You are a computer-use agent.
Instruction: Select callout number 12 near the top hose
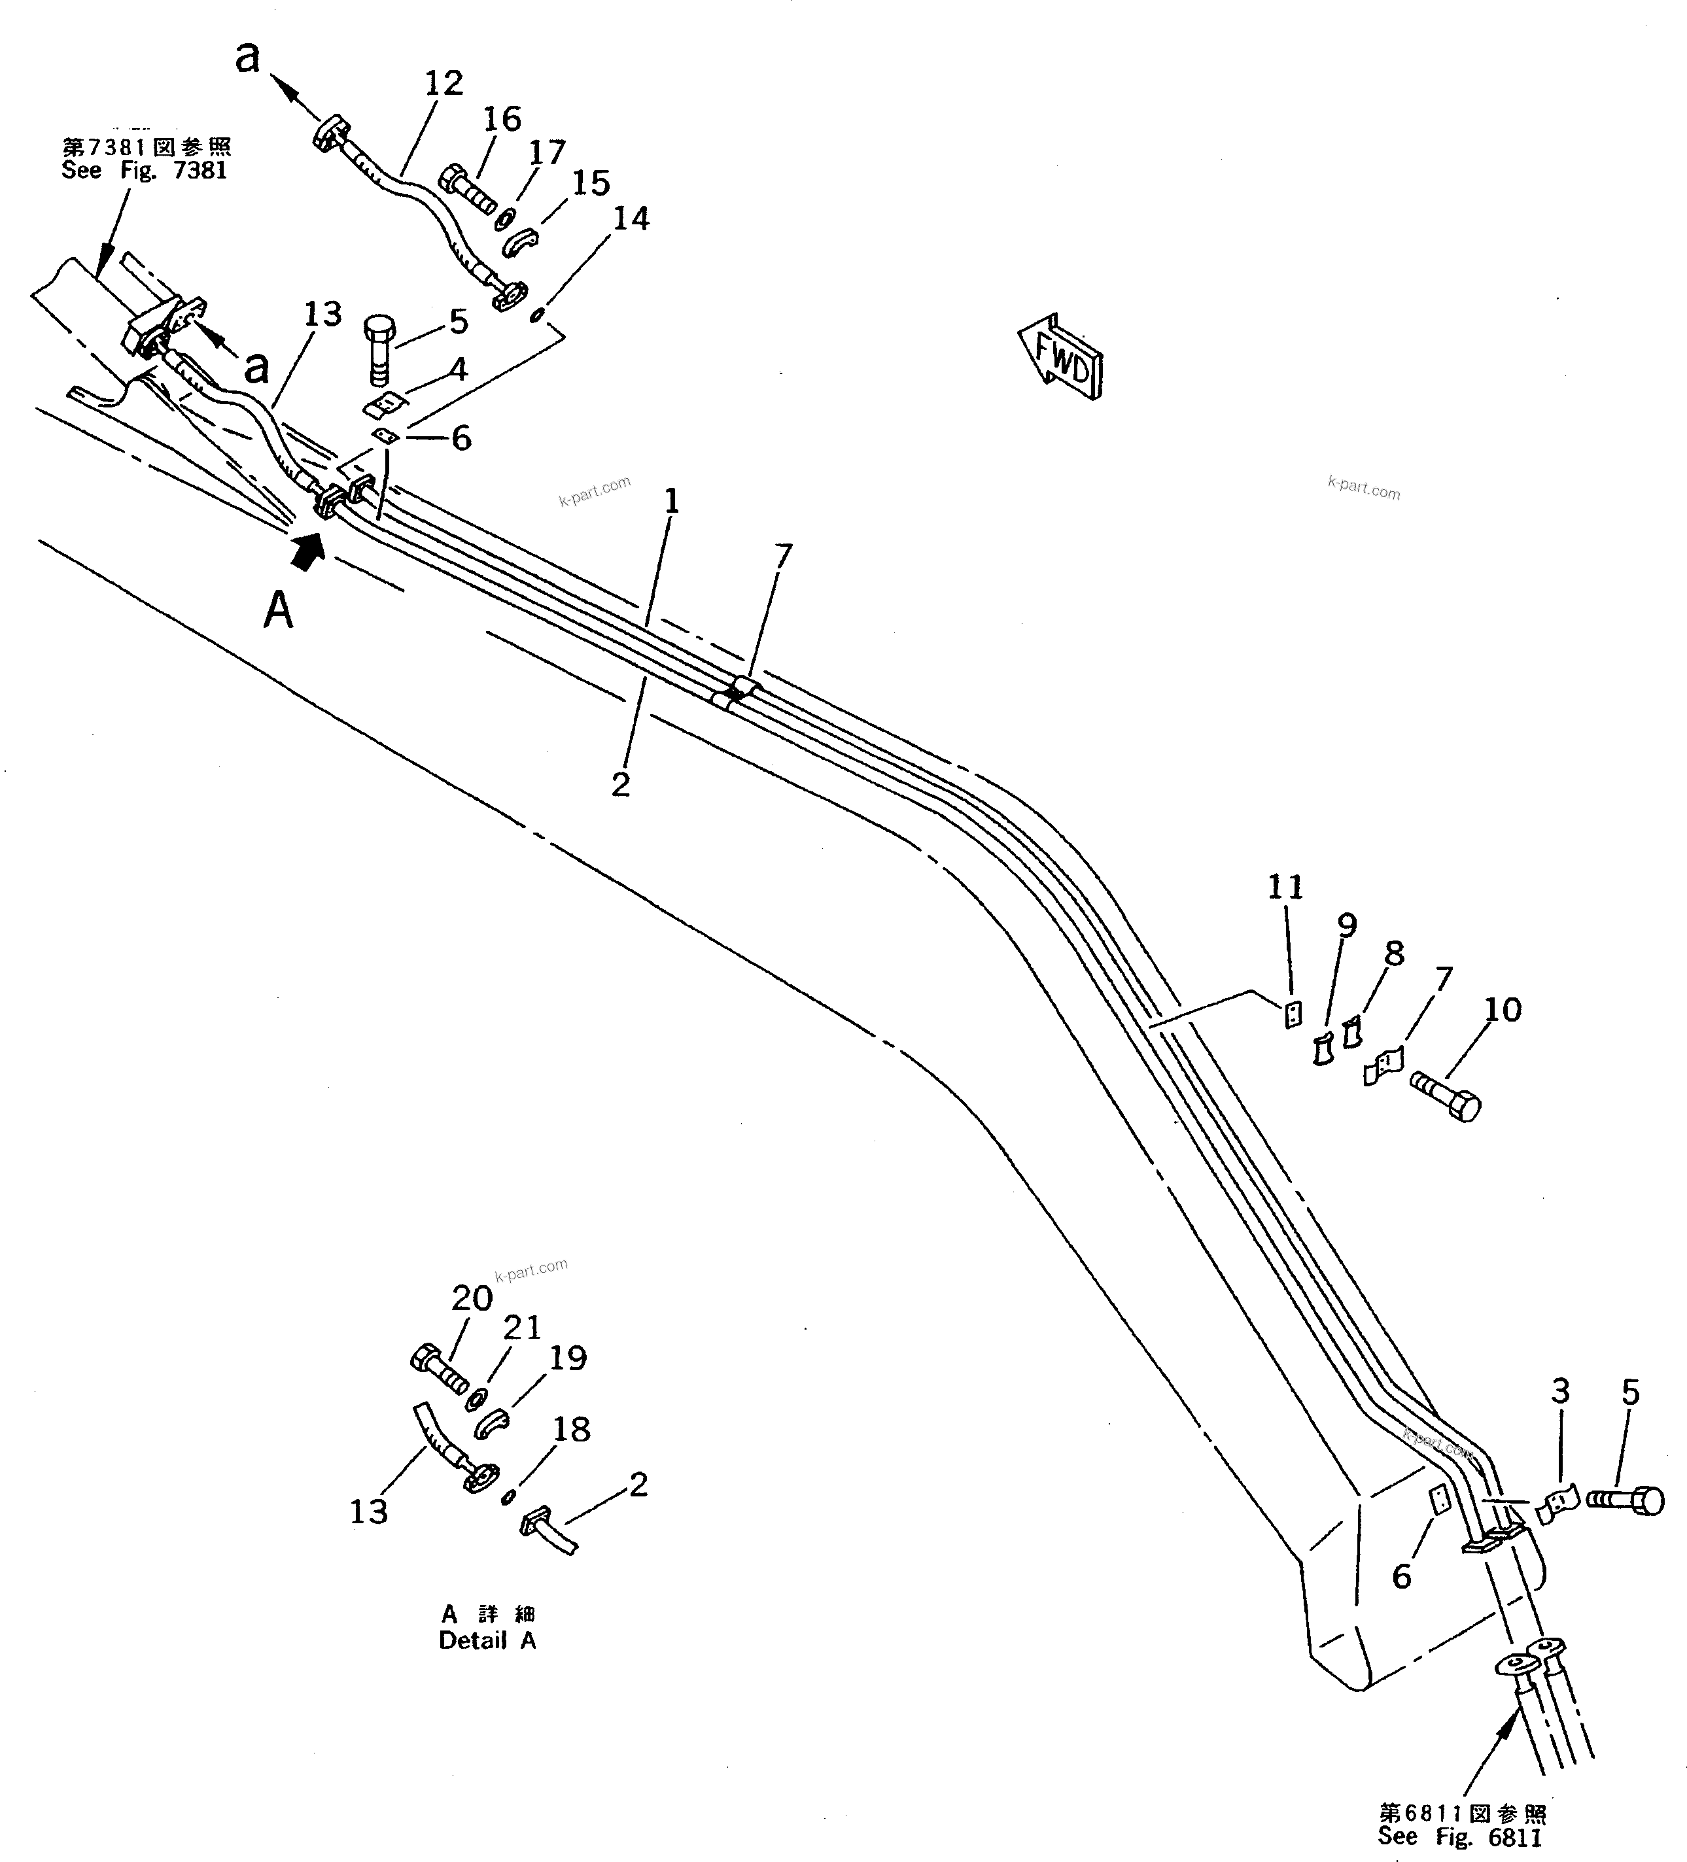coord(443,84)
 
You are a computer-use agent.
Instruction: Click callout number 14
coord(631,219)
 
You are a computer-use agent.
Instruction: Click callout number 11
coord(1284,888)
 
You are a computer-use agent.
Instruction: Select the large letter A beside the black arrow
coord(278,610)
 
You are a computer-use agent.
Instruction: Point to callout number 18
coord(571,1429)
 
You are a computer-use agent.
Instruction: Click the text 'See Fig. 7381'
coord(144,171)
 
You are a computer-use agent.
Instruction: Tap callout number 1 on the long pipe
coord(672,502)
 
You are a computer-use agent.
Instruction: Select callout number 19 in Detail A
coord(567,1358)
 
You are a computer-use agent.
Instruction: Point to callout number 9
coord(1347,925)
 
